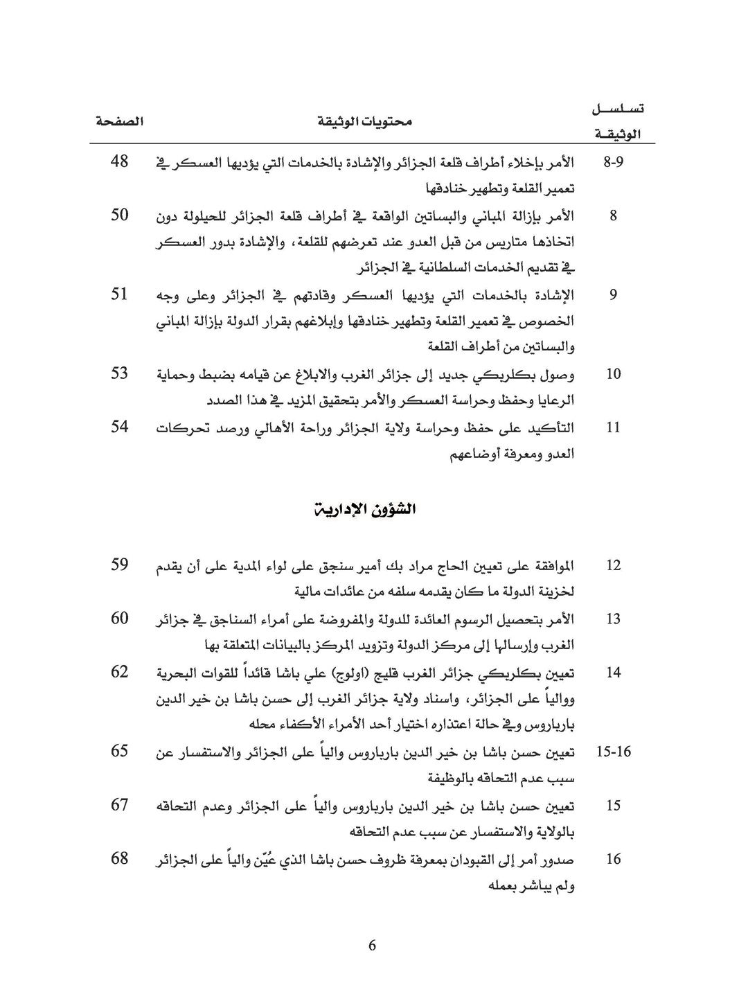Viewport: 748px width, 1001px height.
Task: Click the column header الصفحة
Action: (x=120, y=121)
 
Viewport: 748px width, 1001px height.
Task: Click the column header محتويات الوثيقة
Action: (x=365, y=122)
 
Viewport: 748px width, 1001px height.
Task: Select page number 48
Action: (x=120, y=162)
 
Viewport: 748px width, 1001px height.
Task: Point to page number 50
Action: (x=120, y=215)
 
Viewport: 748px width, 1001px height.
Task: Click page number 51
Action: (x=120, y=294)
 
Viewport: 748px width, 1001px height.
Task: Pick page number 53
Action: (x=120, y=373)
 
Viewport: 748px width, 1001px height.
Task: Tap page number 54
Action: (x=120, y=427)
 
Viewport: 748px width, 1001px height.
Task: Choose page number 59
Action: (x=120, y=565)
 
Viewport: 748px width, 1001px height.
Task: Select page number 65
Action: (x=120, y=751)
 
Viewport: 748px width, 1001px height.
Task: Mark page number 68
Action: (x=120, y=858)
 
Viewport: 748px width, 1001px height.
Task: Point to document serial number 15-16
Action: (x=614, y=752)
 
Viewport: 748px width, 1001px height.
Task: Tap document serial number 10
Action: (x=614, y=375)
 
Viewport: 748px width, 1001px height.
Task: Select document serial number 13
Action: (x=614, y=619)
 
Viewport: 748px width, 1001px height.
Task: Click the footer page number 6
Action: (x=373, y=946)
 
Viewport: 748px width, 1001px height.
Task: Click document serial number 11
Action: (x=614, y=428)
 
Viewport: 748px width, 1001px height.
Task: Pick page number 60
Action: (x=120, y=618)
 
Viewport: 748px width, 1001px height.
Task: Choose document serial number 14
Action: (x=614, y=673)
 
